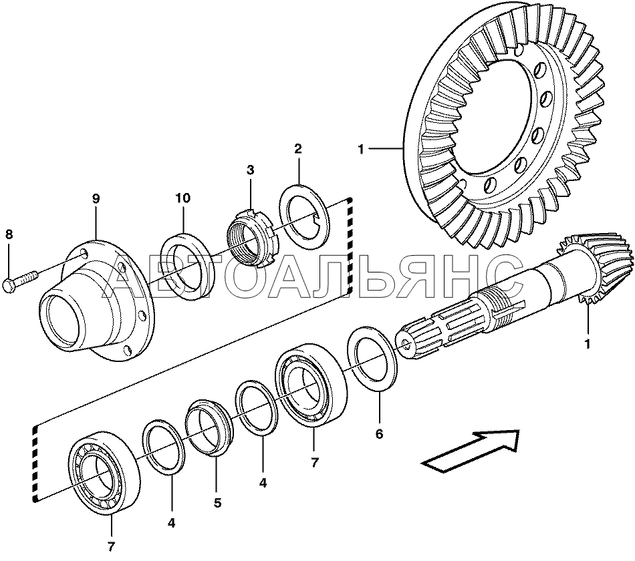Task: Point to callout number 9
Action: [96, 198]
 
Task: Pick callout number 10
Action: [183, 198]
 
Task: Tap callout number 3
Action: [250, 170]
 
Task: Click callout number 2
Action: [298, 148]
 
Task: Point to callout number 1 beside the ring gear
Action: [362, 150]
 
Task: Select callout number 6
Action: [379, 434]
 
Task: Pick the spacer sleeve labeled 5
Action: [209, 427]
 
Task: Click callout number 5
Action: [217, 502]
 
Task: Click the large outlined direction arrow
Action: [472, 451]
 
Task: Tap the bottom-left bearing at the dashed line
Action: [104, 472]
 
